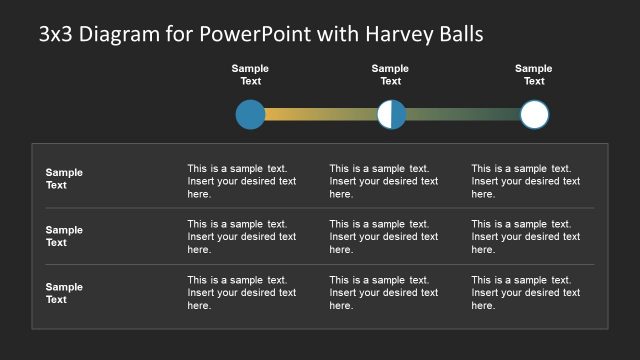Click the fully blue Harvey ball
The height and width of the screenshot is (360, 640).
(250, 114)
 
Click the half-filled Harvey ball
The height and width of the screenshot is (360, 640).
(392, 114)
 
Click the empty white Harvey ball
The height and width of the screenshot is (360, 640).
(535, 114)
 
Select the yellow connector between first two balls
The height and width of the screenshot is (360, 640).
(320, 114)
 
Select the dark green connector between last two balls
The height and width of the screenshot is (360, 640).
(463, 114)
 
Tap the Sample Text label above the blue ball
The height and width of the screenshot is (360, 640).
(250, 75)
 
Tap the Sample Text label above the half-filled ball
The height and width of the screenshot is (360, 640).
(390, 75)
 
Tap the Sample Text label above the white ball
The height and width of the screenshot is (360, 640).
(534, 75)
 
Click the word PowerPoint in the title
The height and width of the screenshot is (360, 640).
(257, 34)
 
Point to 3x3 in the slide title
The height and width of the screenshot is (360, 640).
(56, 34)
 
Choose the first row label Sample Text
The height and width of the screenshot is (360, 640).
(64, 179)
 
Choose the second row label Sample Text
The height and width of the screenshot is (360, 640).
(64, 236)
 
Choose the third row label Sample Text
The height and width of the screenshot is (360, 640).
(64, 293)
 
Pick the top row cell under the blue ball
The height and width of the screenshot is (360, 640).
(241, 181)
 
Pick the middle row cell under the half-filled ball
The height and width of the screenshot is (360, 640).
(383, 237)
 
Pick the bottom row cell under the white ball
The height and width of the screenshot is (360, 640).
(525, 293)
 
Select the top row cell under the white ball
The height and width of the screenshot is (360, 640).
(525, 181)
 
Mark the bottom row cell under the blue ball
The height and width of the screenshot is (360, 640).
(241, 293)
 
